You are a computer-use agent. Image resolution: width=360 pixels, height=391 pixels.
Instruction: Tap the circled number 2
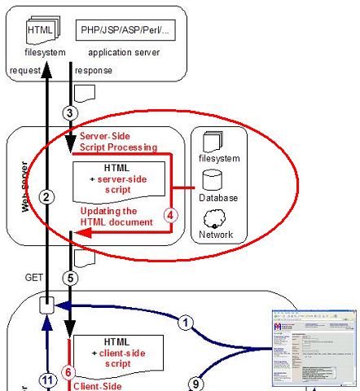pos(48,197)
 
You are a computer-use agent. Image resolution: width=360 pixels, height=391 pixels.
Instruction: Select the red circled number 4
pos(170,217)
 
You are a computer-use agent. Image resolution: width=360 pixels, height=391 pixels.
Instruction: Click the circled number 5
pos(71,276)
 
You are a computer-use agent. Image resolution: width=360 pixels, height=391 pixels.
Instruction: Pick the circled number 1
pos(187,323)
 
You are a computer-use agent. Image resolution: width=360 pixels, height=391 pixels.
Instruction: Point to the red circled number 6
pos(68,371)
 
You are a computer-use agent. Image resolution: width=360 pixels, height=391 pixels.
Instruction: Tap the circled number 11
pos(48,378)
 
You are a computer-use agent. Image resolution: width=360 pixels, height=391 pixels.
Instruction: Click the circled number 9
pos(193,382)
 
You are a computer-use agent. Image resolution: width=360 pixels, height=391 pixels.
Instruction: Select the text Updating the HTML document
pos(116,216)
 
